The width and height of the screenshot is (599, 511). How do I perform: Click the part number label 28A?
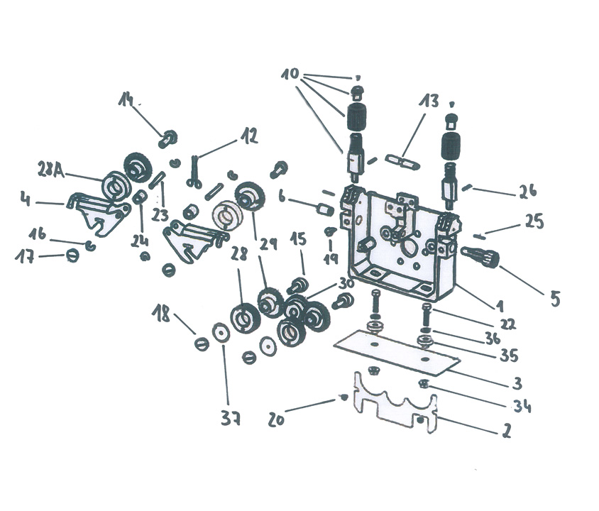point(51,170)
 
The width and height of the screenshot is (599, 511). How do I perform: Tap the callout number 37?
point(231,419)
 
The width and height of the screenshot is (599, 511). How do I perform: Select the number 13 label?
point(429,101)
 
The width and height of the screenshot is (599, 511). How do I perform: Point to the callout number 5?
point(555,299)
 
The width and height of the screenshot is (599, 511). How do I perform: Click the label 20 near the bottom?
point(277,419)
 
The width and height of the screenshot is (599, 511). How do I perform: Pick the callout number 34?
point(522,405)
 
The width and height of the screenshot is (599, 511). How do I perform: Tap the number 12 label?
point(248,136)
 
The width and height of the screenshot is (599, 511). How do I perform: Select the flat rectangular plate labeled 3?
point(397,351)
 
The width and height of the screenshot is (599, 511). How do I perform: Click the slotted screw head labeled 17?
point(72,255)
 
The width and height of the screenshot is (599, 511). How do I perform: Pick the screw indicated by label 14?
point(167,138)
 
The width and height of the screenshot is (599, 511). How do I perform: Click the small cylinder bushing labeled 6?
point(326,210)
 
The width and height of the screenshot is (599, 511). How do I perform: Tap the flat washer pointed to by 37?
point(221,334)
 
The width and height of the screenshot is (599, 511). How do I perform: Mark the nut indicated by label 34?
point(423,384)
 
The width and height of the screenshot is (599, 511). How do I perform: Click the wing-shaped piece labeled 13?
point(402,161)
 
